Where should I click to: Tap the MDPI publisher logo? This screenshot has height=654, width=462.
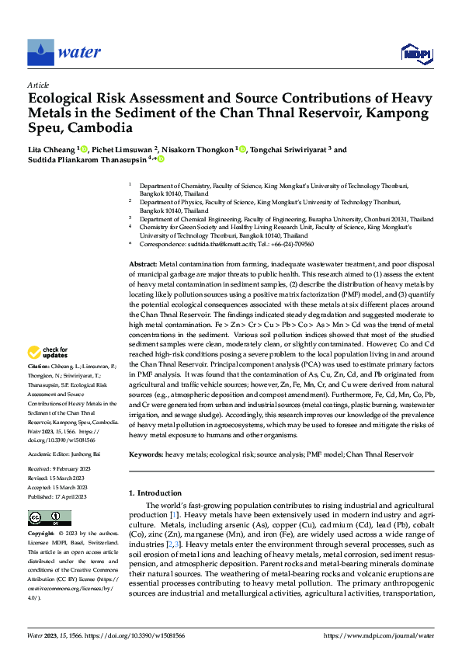click(415, 52)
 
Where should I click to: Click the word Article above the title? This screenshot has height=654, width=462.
click(38, 85)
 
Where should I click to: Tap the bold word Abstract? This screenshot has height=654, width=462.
click(142, 265)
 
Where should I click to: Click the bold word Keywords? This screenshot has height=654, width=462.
click(146, 453)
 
